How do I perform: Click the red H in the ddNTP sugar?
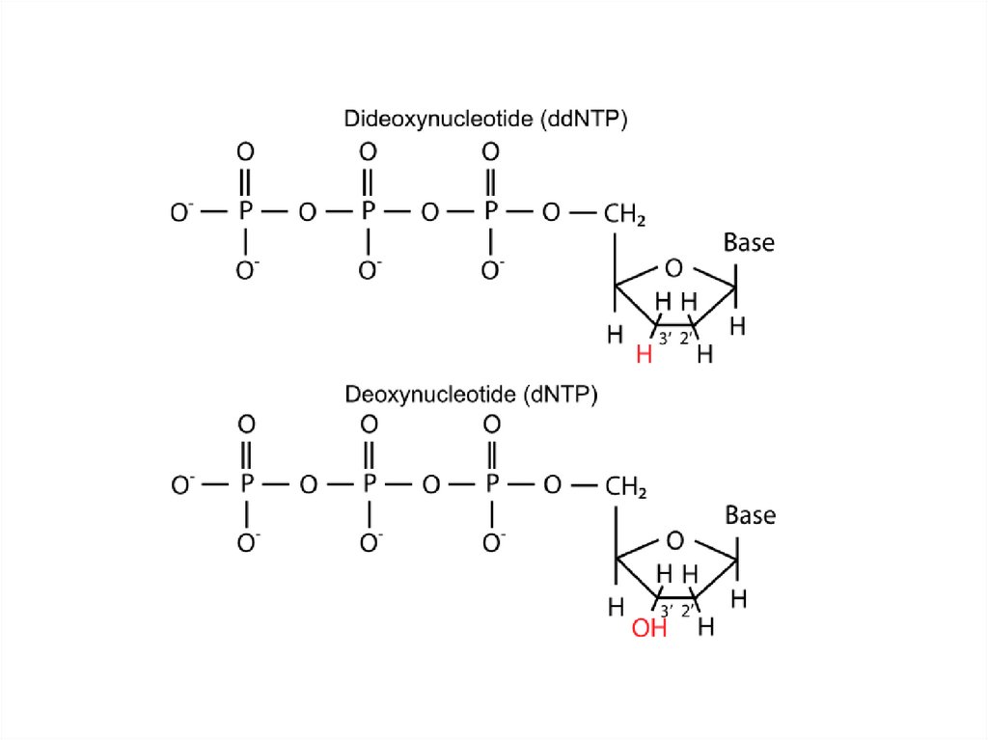645,354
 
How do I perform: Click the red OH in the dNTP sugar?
649,629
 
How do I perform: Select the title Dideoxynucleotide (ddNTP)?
486,120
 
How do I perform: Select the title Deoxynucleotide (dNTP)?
472,395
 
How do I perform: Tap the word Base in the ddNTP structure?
749,242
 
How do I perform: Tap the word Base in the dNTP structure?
750,515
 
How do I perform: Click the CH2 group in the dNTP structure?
625,486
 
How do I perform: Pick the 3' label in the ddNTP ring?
666,338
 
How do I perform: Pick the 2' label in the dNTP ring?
688,611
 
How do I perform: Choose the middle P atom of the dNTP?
369,485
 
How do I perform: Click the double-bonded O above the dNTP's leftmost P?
246,425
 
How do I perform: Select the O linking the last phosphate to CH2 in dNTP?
552,485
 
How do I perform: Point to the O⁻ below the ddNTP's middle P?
369,270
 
